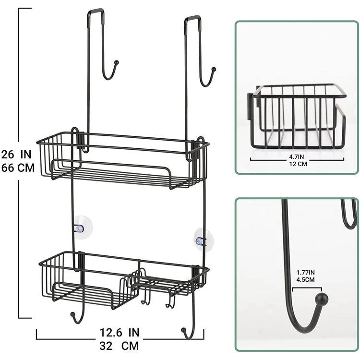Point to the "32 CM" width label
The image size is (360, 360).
[x=120, y=346]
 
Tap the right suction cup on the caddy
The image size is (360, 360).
[x=203, y=238]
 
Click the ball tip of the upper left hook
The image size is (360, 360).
[x=116, y=62]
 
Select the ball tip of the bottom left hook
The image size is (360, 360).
[x=72, y=315]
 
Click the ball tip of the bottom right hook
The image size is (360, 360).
[x=183, y=330]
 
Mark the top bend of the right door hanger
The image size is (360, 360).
[x=192, y=18]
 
